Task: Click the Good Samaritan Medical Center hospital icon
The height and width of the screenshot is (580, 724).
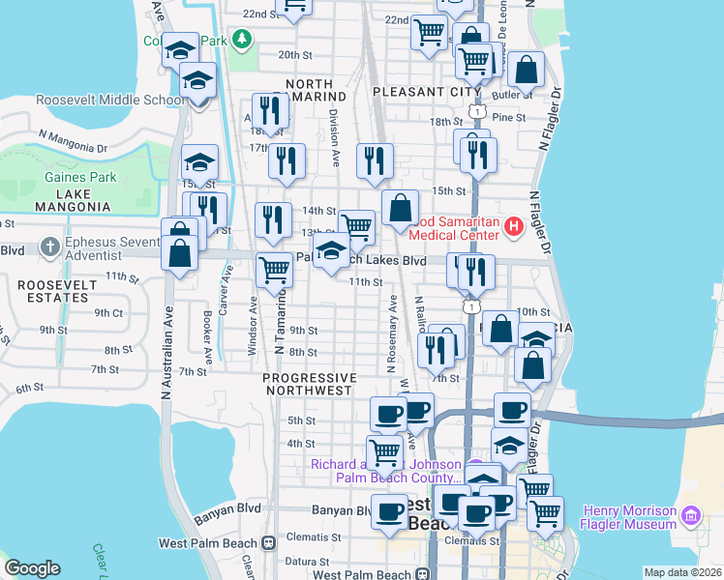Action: (513, 228)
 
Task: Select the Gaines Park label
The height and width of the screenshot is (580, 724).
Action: (80, 178)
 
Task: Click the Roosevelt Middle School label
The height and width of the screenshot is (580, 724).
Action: (109, 100)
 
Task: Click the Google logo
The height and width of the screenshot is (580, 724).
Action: (32, 568)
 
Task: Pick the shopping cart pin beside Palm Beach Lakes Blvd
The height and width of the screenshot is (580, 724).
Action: (275, 268)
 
